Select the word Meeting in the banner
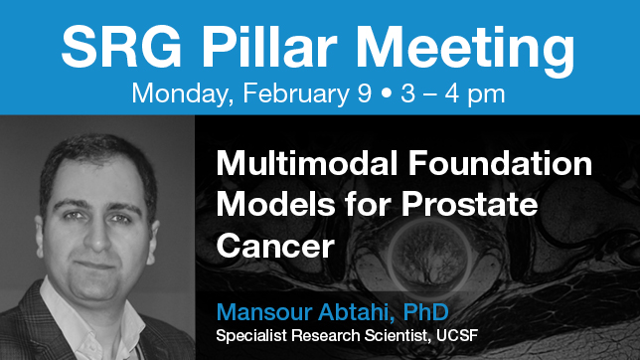[471, 46]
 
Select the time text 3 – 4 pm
[450, 95]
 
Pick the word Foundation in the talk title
[504, 162]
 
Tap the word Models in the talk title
[270, 205]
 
